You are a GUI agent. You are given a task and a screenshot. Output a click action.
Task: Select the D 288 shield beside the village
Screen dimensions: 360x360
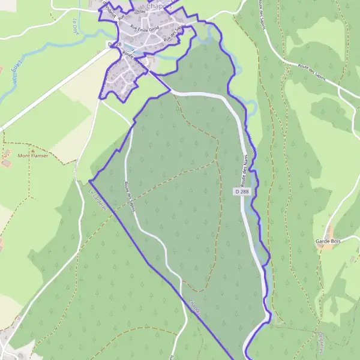click(115, 44)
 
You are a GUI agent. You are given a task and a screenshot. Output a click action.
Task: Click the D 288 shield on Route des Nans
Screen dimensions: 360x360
click(242, 191)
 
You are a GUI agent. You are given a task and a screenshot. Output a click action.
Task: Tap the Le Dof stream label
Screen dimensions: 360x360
click(76, 27)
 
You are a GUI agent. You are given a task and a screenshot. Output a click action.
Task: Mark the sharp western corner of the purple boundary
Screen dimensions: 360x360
click(89, 180)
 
